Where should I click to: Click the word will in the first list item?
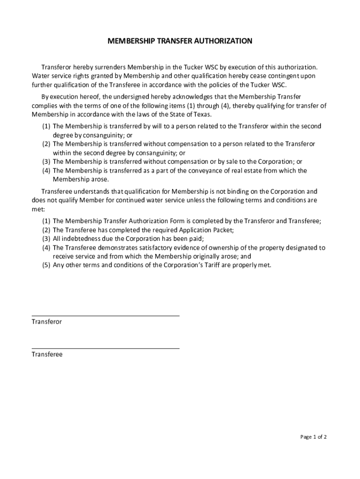[x=157, y=126]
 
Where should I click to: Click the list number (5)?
[x=46, y=265]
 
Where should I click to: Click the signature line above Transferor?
[x=105, y=316]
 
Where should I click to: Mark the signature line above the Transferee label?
[x=105, y=348]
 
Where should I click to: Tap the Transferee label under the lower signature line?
[x=47, y=355]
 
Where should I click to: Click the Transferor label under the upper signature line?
[x=47, y=322]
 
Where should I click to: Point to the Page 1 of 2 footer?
[x=313, y=437]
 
